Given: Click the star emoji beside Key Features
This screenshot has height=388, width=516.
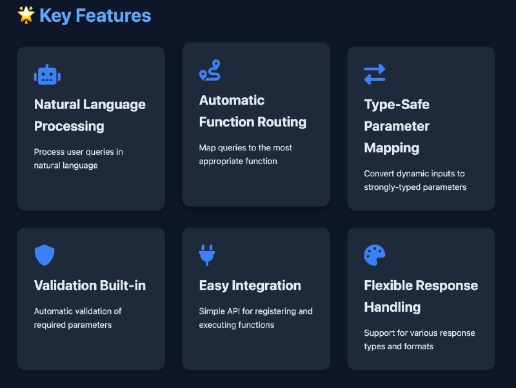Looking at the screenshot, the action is tap(26, 15).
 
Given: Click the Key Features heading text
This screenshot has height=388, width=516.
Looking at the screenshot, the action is tap(95, 15).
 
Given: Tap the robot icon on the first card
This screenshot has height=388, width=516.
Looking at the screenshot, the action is tap(47, 74).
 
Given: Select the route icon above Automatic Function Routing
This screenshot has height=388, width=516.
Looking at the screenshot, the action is tap(210, 70).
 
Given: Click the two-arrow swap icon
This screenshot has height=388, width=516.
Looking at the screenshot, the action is tap(375, 74).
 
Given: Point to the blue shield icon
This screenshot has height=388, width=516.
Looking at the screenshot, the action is tap(45, 255).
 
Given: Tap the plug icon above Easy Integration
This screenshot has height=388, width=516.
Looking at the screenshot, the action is tap(206, 255).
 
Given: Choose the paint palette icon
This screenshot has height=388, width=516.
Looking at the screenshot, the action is tap(375, 255).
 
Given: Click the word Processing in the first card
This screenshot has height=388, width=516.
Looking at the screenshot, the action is tap(69, 127).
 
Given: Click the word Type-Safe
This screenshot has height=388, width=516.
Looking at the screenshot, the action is tap(397, 105).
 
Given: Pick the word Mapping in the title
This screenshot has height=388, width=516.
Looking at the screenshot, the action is tap(392, 148).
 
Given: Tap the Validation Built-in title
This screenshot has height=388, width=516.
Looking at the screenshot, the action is tap(90, 285).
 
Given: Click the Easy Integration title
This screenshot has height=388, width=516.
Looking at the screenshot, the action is tap(250, 285).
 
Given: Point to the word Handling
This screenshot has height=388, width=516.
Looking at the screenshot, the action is tap(392, 307).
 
